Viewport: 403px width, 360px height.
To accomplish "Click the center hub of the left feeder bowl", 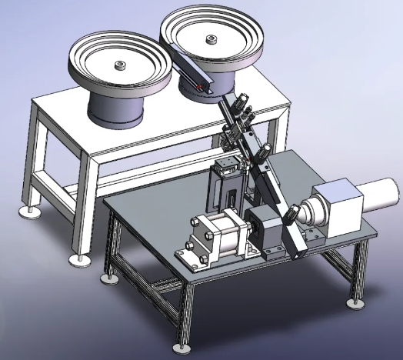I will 119,66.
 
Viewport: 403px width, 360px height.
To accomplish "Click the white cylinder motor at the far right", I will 376,202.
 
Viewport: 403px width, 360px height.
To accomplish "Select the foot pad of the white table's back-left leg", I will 32,210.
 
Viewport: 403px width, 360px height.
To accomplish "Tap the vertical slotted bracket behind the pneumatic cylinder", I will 228,192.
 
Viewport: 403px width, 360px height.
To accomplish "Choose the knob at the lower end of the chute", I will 293,212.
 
